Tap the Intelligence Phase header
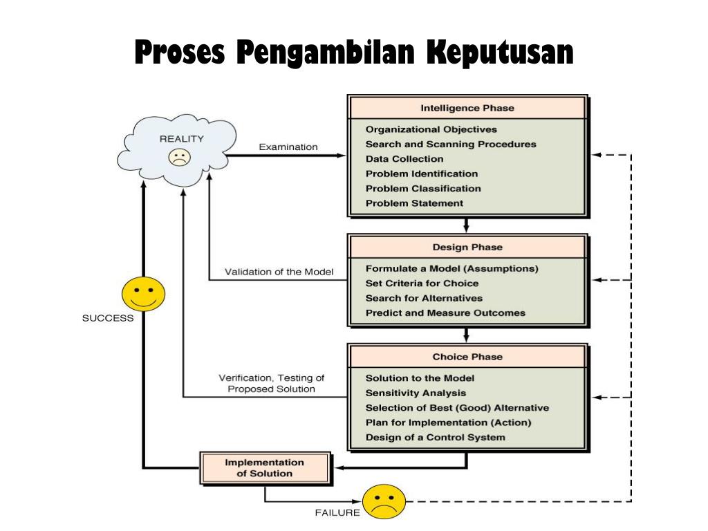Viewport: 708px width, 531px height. (467, 108)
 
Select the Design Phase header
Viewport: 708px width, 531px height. (467, 247)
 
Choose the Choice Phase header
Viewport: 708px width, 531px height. (467, 357)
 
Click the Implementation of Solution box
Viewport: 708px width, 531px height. (264, 468)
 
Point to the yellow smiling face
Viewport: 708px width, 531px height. (143, 294)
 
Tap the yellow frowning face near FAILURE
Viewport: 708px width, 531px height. (383, 501)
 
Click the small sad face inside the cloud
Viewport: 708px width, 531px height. (178, 158)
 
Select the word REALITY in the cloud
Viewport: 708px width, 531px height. (182, 138)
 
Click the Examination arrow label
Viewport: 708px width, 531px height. (288, 147)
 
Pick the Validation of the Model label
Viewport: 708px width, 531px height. (279, 272)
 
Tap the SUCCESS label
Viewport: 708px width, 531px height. (108, 319)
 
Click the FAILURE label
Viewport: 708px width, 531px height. (337, 513)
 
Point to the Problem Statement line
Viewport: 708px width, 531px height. (414, 203)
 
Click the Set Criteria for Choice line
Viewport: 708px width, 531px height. (422, 283)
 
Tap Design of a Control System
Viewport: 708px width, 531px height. (435, 437)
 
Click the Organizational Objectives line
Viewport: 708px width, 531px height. (431, 129)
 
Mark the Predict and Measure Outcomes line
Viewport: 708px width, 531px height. (445, 313)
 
